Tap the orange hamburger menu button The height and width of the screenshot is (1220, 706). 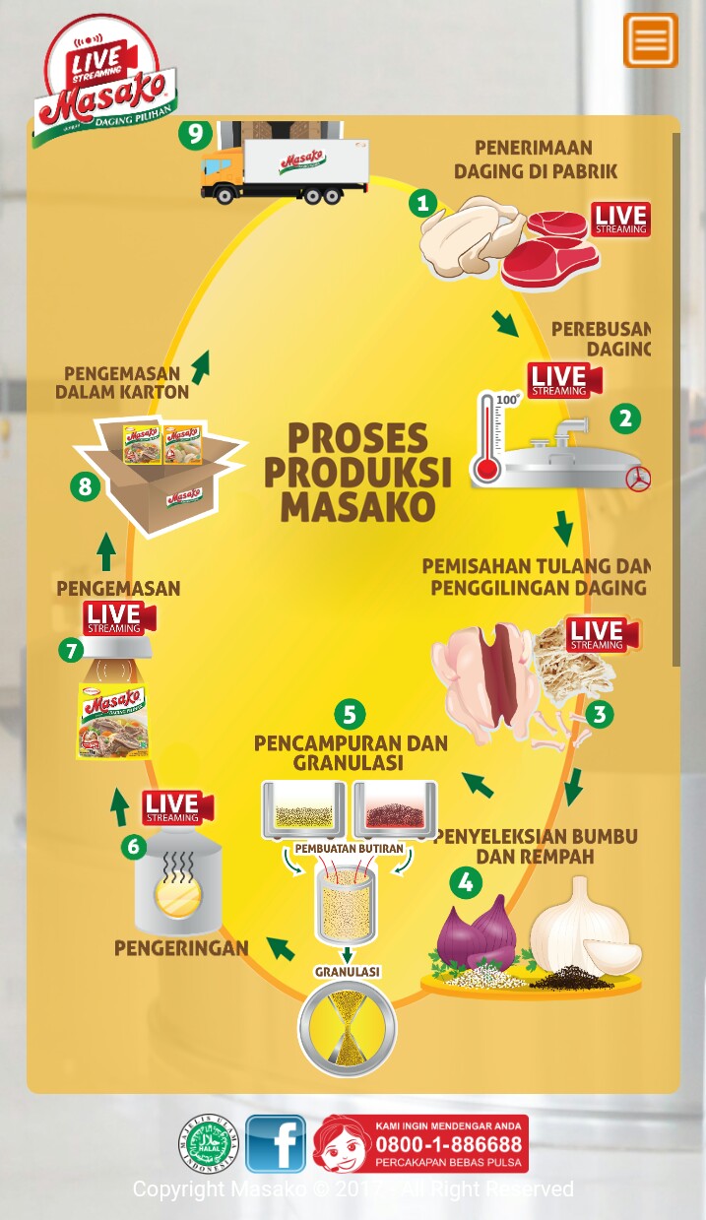point(650,40)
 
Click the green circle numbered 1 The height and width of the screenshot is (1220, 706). point(422,204)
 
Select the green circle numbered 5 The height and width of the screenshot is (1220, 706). point(350,714)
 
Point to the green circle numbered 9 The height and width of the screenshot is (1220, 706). point(195,133)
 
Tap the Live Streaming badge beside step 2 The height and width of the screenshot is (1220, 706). point(564,380)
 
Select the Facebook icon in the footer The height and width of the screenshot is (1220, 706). point(276,1143)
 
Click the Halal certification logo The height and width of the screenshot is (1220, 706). point(209,1144)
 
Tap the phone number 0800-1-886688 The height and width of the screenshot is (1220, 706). point(448,1144)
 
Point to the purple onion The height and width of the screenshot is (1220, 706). point(478,932)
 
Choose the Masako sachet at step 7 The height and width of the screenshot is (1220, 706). point(112,721)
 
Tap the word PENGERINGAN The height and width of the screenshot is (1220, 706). point(181,948)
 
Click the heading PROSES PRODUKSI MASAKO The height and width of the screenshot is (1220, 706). point(359,472)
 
